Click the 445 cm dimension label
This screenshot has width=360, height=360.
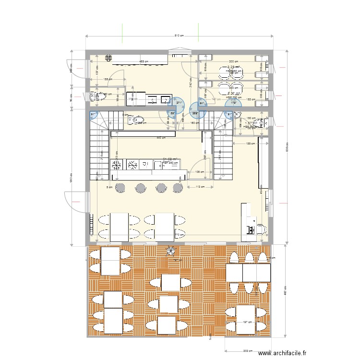[161, 138]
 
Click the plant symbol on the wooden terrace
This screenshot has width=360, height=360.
[171, 251]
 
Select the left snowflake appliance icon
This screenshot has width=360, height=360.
[117, 165]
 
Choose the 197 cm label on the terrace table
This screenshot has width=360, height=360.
[247, 322]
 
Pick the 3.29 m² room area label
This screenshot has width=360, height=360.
[234, 67]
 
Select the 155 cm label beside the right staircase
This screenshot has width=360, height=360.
[250, 144]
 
